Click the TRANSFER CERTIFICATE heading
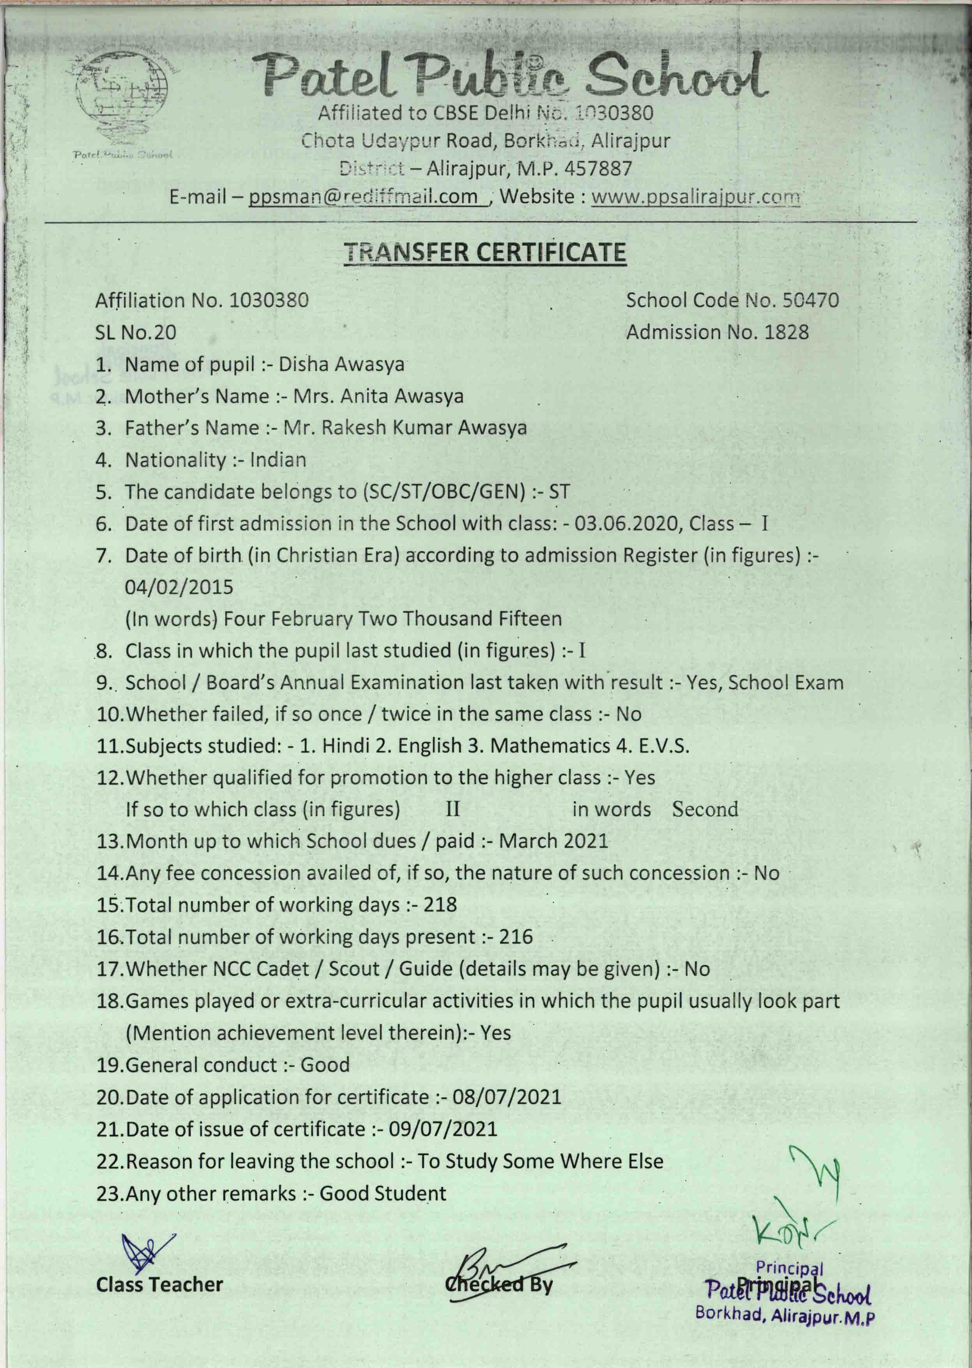point(485,252)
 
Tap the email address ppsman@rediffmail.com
point(363,197)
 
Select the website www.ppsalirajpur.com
point(695,197)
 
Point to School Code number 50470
point(811,300)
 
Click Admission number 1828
point(786,332)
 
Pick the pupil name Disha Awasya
point(341,364)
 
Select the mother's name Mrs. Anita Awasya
point(378,396)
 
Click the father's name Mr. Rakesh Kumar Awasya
point(405,428)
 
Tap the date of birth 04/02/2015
point(179,587)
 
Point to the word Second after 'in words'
point(705,809)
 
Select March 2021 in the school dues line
point(553,841)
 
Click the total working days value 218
point(440,904)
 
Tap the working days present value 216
point(515,936)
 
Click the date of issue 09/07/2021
point(443,1129)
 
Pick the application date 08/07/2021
point(507,1097)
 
